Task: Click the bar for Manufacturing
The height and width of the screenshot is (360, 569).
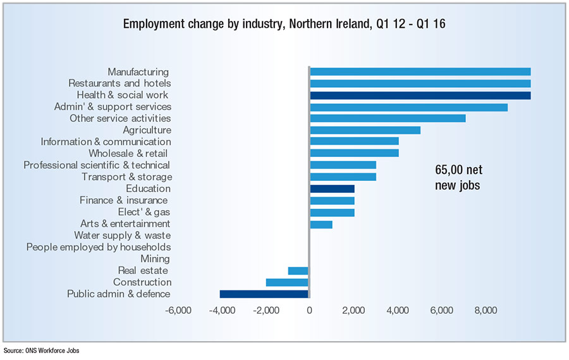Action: [420, 71]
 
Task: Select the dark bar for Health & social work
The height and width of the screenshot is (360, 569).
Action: [420, 95]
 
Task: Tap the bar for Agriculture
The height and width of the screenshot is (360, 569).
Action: [365, 130]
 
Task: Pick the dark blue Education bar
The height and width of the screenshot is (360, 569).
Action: [332, 189]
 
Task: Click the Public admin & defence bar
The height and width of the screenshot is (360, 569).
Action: [264, 294]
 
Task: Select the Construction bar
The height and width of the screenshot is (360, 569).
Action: [287, 282]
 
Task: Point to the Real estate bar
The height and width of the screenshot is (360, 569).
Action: [298, 270]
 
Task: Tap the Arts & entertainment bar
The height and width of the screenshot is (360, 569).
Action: [321, 223]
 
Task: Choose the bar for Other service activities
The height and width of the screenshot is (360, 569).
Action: [388, 118]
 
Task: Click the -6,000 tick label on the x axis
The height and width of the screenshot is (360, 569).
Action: [178, 311]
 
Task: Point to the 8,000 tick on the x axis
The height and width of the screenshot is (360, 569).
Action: [486, 311]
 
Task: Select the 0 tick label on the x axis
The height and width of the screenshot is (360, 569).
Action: [309, 311]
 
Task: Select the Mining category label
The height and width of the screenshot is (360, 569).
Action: [155, 259]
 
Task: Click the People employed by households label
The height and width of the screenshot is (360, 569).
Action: [99, 247]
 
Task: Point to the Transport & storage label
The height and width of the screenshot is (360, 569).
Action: [126, 177]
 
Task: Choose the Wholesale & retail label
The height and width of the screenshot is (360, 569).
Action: [130, 153]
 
